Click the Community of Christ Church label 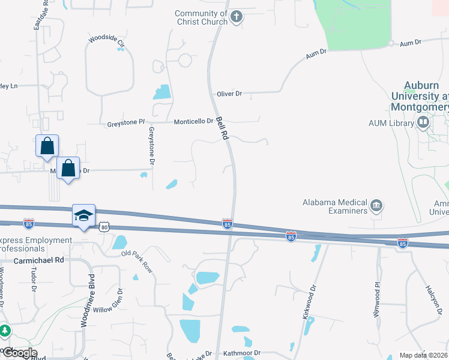(201, 18)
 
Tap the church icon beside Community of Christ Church (237, 16)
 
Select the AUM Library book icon (423, 123)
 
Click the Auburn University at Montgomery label (419, 96)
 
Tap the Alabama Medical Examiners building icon (376, 206)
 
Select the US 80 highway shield (104, 227)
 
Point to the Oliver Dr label (229, 94)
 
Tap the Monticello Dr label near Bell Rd (193, 122)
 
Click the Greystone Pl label (126, 122)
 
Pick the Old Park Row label (137, 262)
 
